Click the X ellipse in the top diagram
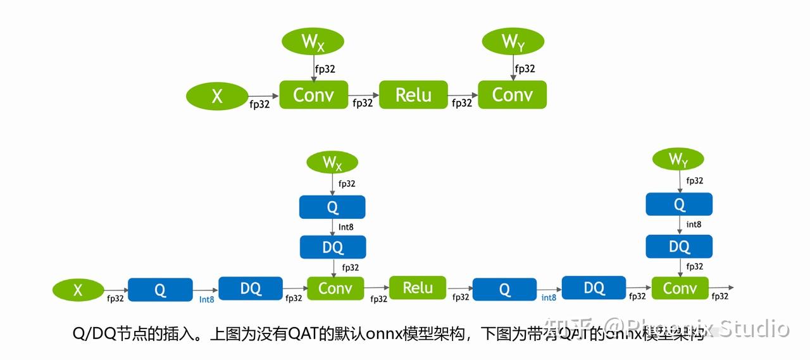[217, 96]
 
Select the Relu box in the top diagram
[413, 95]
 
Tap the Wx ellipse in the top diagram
[313, 42]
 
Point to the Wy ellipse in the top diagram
[513, 42]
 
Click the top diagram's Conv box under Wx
[313, 95]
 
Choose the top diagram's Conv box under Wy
[512, 95]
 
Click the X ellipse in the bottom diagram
[78, 290]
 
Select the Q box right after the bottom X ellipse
[160, 290]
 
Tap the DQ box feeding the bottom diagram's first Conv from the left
[251, 289]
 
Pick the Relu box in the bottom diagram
[418, 288]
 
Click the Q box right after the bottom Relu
[504, 289]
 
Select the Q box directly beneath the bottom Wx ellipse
[332, 207]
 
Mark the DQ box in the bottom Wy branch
[679, 246]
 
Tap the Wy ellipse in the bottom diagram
[678, 161]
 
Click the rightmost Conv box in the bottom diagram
[680, 289]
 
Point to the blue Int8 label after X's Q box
[206, 299]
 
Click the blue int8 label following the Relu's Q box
[549, 297]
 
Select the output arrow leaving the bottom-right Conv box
[721, 288]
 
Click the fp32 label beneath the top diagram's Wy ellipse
[525, 69]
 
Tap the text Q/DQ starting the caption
[93, 333]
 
